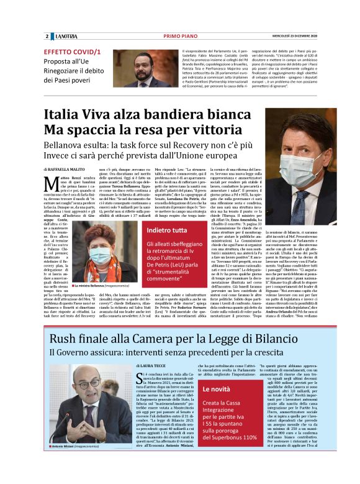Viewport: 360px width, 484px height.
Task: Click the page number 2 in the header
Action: [47, 35]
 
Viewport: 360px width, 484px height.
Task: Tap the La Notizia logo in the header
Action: [66, 35]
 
